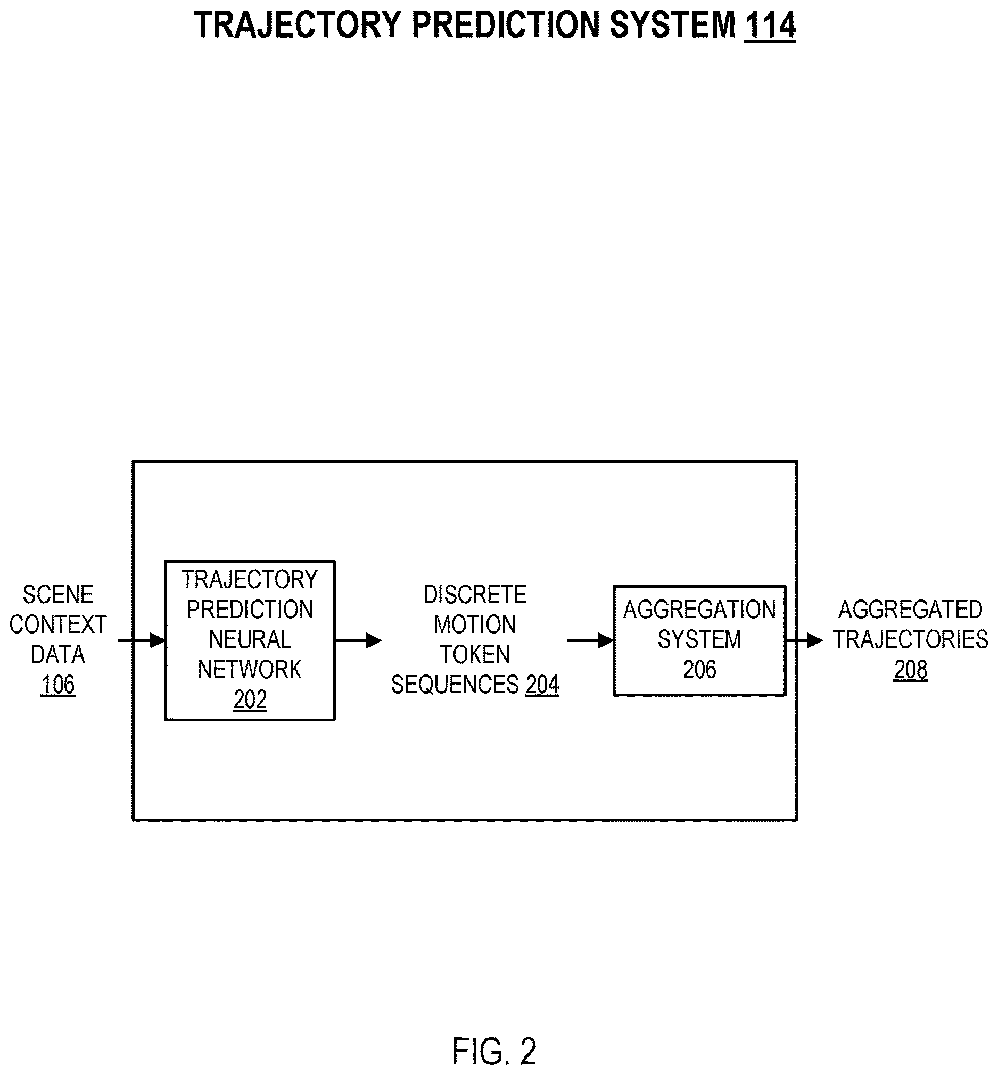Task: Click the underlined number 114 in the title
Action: coord(770,26)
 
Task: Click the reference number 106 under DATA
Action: coord(58,685)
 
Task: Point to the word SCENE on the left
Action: coord(58,595)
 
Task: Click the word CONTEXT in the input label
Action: coord(58,624)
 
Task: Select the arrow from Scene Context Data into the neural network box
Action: coord(142,640)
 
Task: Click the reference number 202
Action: coord(250,700)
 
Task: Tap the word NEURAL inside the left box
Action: coord(250,639)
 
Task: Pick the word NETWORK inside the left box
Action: coord(250,670)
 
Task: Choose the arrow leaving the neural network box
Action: coord(359,640)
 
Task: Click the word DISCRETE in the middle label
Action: coord(475,595)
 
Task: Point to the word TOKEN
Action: coord(475,655)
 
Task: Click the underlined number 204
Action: coord(542,685)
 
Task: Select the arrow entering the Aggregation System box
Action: coord(590,640)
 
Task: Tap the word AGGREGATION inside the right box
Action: coord(699,610)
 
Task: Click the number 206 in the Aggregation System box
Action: coord(699,670)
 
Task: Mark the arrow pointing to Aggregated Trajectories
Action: coord(804,640)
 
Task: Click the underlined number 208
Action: coord(911,670)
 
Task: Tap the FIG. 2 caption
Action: coord(494,1051)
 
